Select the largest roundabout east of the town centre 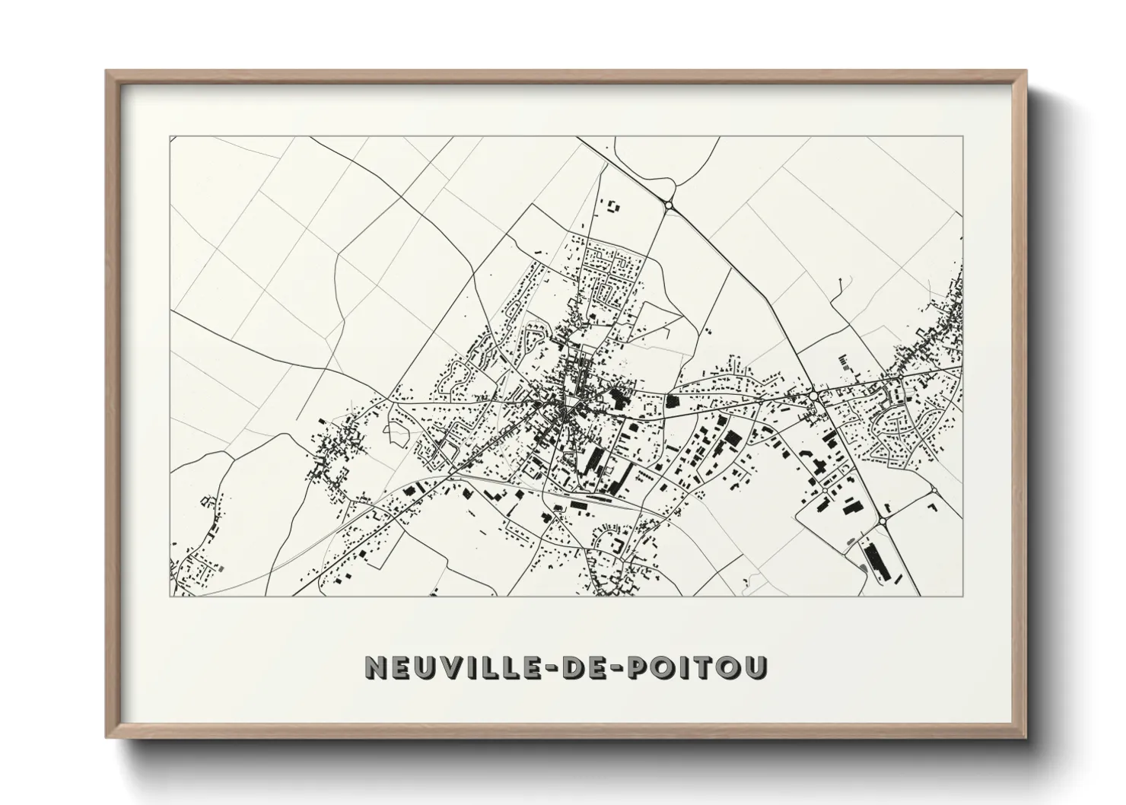tap(815, 396)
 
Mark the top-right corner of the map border tap(962, 137)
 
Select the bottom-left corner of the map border tap(170, 597)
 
